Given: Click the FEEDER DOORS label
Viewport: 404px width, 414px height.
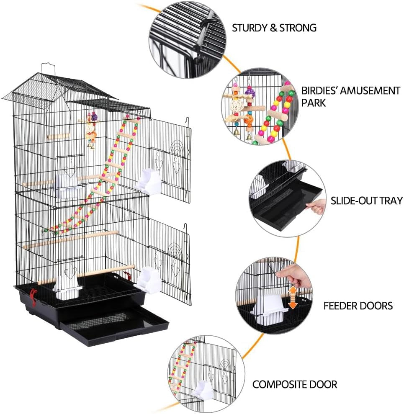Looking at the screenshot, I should [358, 306].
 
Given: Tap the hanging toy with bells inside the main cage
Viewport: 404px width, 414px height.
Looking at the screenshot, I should [90, 130].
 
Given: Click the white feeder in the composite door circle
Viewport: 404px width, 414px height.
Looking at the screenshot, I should [203, 391].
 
